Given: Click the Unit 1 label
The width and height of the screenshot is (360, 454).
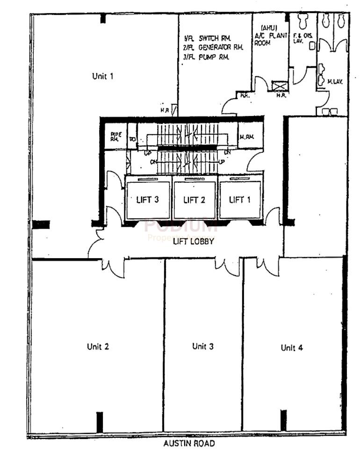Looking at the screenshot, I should [103, 76].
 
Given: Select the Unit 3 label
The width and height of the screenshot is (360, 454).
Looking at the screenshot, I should [203, 346].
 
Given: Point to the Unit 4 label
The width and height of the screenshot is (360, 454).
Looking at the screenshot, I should [292, 347].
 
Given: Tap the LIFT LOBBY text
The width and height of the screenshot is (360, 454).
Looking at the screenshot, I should [194, 241].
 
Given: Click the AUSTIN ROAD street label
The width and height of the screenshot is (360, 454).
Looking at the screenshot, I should [189, 443].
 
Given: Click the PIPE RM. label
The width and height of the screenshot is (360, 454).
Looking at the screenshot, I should [115, 136].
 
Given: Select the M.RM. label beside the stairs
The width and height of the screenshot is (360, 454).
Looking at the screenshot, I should [246, 137].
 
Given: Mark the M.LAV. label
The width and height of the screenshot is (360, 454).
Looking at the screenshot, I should [335, 81].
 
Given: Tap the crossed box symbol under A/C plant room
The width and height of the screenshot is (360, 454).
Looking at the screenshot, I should [280, 86].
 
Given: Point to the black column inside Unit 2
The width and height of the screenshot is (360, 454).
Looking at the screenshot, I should [99, 422].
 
